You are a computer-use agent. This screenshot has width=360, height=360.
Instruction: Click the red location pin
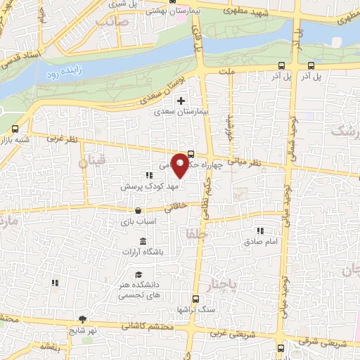pyautogui.click(x=180, y=165)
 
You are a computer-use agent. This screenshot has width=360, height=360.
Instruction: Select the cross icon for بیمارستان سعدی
pyautogui.click(x=181, y=101)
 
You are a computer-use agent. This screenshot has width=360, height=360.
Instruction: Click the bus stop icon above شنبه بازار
pyautogui.click(x=16, y=129)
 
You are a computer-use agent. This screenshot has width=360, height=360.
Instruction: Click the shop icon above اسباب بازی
pyautogui.click(x=139, y=210)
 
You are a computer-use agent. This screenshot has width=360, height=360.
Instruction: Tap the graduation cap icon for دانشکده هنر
pyautogui.click(x=139, y=274)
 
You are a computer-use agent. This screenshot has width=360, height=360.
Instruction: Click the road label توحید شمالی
pyautogui.click(x=290, y=141)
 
